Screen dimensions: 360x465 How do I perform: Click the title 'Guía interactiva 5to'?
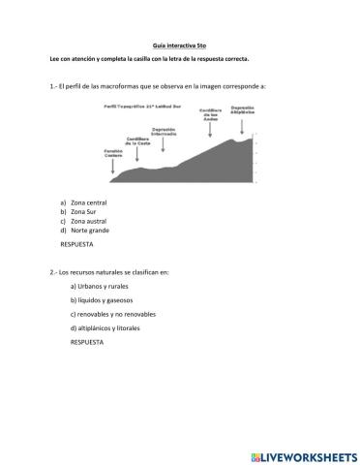coord(179,46)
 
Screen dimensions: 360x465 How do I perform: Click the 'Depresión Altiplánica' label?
coord(245,109)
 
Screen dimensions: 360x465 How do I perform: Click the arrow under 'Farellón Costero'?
coord(113,169)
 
